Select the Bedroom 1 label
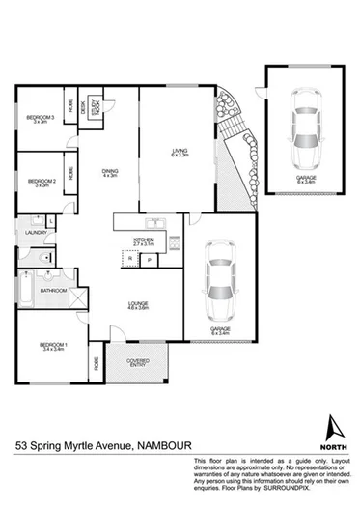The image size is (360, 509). click(x=53, y=347)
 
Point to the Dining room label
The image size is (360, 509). click(x=110, y=174)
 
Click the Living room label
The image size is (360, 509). click(x=180, y=153)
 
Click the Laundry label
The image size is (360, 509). click(x=24, y=232)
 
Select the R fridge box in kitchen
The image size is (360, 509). click(x=130, y=260)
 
